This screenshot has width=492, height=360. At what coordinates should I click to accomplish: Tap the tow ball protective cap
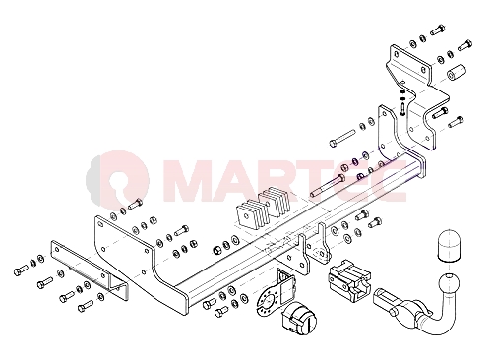point(448,246)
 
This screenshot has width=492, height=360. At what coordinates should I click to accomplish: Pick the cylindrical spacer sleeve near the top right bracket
point(458,72)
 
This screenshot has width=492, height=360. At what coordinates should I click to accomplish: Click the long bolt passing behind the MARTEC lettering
point(328,186)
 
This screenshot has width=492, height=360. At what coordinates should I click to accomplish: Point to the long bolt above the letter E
point(342,138)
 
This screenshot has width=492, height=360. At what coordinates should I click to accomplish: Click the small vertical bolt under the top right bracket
point(402,109)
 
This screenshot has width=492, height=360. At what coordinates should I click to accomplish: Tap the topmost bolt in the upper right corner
point(438,30)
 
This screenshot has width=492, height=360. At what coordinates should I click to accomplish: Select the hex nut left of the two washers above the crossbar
point(216,250)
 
